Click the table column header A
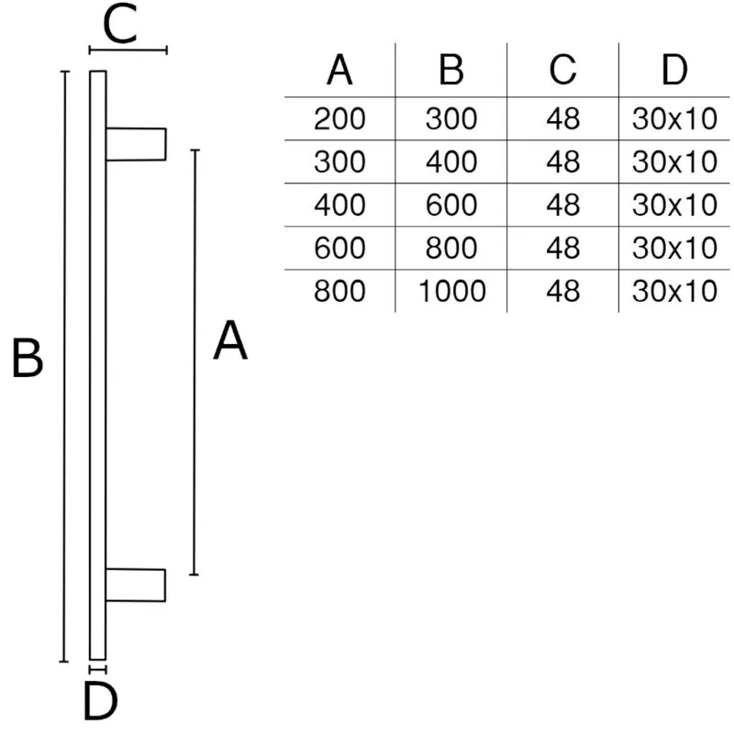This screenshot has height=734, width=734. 339,70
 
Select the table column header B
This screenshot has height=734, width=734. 450,70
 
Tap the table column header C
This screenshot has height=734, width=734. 562,70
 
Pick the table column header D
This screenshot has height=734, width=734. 674,70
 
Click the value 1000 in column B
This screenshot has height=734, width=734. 451,291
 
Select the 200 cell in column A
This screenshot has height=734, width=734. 339,118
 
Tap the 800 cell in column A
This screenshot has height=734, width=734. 339,291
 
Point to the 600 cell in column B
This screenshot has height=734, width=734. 451,205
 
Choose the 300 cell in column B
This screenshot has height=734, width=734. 451,118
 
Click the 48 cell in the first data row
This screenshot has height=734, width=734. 562,118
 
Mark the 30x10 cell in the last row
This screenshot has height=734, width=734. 674,291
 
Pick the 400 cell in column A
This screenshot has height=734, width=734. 339,205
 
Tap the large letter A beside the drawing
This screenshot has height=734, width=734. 230,340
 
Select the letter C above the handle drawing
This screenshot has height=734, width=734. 119,24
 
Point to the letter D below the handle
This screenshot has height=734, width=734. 100,701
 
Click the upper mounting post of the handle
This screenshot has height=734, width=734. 136,144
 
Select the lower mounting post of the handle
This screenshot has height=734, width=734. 135,585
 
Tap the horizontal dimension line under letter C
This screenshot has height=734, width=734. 128,50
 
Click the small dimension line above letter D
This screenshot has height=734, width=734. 97,670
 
